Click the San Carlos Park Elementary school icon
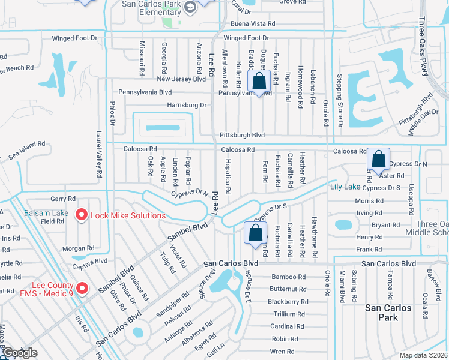pyautogui.click(x=191, y=7)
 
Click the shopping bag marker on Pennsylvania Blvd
pyautogui.click(x=259, y=82)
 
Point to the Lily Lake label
pyautogui.click(x=345, y=187)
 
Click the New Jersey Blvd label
pyautogui.click(x=181, y=79)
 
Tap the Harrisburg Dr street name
pyautogui.click(x=186, y=105)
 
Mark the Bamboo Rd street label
pyautogui.click(x=288, y=277)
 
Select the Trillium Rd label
pyautogui.click(x=289, y=314)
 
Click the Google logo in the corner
pyautogui.click(x=20, y=353)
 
